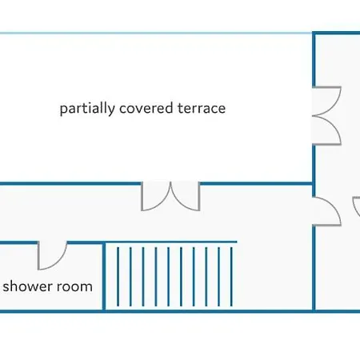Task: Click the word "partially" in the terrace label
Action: pyautogui.click(x=87, y=109)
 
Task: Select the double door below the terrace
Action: pyautogui.click(x=170, y=196)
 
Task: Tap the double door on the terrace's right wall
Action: pyautogui.click(x=327, y=116)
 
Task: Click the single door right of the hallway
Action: pyautogui.click(x=327, y=212)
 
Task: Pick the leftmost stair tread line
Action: pyautogui.click(x=118, y=277)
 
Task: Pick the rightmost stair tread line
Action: pyautogui.click(x=231, y=277)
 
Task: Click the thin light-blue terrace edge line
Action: pyautogui.click(x=156, y=33)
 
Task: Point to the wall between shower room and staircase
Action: pyautogui.click(x=104, y=277)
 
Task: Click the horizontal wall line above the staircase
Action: pyautogui.click(x=170, y=242)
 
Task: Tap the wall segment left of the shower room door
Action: pyautogui.click(x=18, y=242)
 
